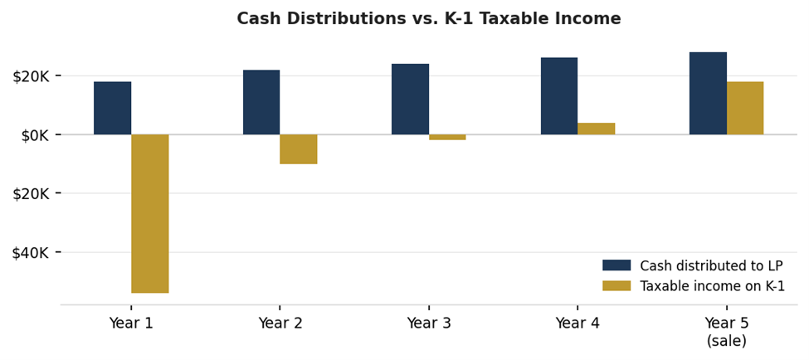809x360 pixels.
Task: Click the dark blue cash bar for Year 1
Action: click(112, 108)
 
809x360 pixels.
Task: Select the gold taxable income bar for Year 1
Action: click(149, 213)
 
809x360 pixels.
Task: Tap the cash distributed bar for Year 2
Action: click(261, 102)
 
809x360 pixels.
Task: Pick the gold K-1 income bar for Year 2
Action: click(298, 149)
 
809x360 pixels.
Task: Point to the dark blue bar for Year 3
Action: click(410, 99)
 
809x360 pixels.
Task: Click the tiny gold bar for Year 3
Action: click(447, 137)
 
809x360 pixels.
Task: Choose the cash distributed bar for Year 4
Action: click(559, 95)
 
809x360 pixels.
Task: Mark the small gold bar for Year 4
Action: click(596, 129)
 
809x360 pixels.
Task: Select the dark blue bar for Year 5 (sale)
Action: click(708, 93)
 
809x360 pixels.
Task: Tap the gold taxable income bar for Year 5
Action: click(745, 108)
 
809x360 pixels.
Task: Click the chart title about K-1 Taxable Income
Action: click(428, 18)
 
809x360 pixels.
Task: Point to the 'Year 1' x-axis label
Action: click(131, 324)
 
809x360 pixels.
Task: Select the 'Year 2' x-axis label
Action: click(280, 324)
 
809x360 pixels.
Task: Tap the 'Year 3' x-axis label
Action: click(429, 324)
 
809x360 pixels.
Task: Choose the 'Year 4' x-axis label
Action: click(578, 324)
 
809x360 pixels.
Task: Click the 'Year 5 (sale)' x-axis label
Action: click(726, 331)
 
